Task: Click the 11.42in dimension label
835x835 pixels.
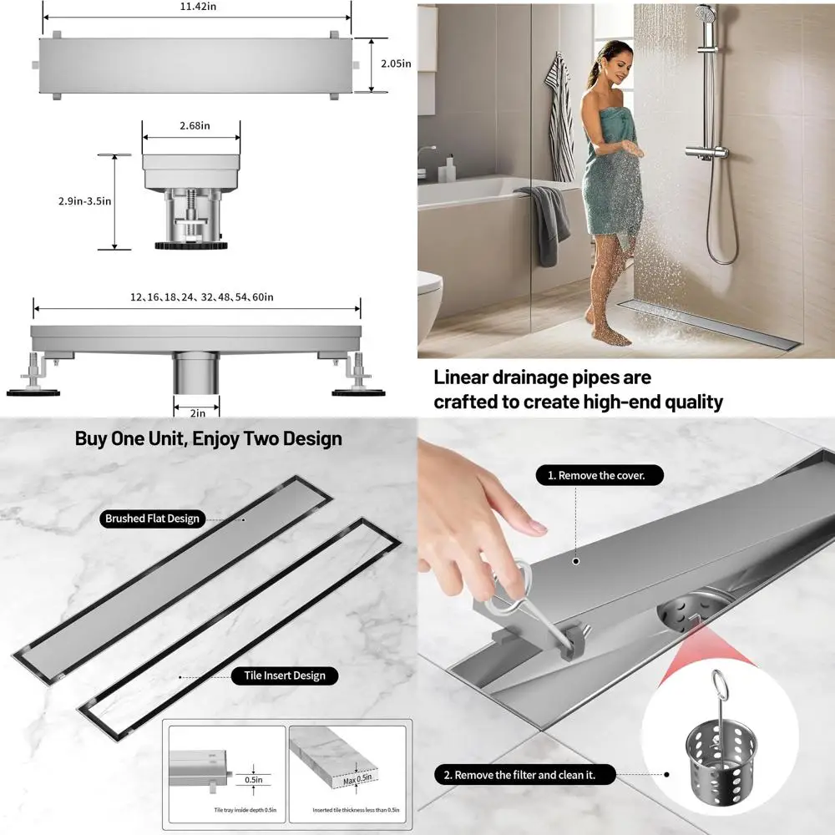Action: click(196, 6)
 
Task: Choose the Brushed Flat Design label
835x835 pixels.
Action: click(153, 519)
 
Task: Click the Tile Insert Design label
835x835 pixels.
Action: click(286, 675)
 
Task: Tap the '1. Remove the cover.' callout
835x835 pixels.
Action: click(600, 475)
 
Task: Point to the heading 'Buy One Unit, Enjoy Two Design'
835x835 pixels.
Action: click(209, 438)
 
